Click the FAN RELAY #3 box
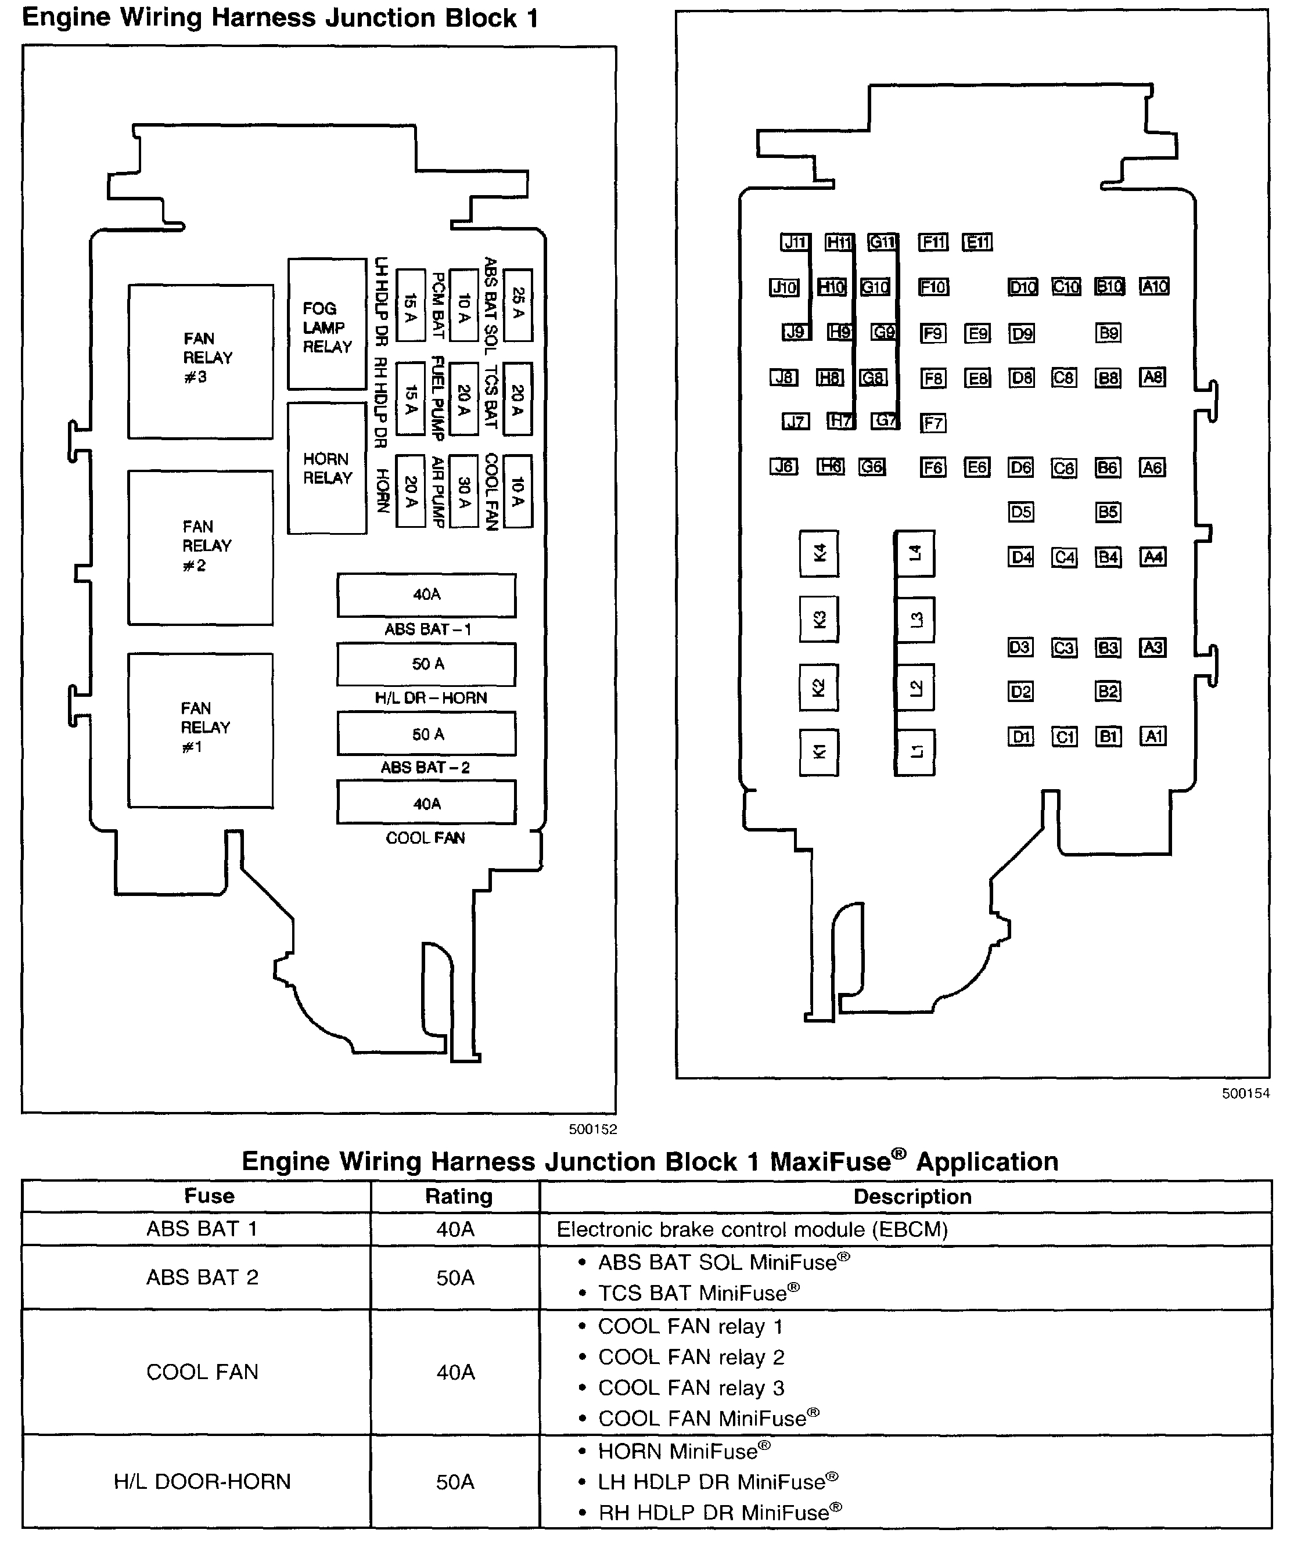coord(200,361)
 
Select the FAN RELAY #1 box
coord(200,730)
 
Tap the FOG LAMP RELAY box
coord(327,325)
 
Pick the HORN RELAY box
coord(327,467)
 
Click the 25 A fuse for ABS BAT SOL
coord(517,304)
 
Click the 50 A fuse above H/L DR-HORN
coord(426,664)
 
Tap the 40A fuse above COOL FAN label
coord(426,803)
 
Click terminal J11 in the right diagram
coord(795,242)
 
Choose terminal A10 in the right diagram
coord(1154,286)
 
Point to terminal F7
coord(933,423)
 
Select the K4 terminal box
coord(819,553)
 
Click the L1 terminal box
coord(915,752)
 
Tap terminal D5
coord(1020,512)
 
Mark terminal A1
coord(1153,736)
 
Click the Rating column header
coord(458,1196)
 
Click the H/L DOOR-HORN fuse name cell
coord(202,1481)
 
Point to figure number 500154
coord(1246,1093)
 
